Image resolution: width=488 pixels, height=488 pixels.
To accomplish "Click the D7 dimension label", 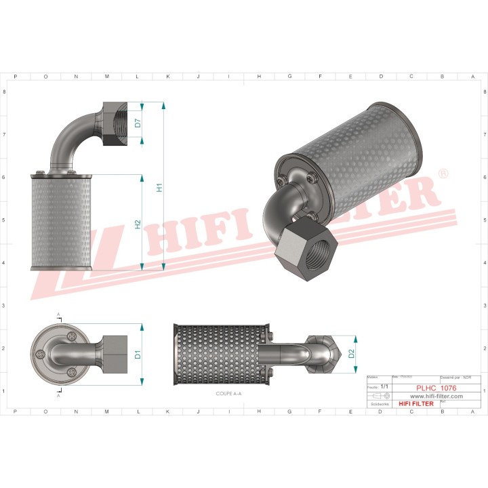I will click(x=138, y=123).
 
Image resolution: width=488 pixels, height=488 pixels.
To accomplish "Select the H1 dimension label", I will click(x=159, y=187).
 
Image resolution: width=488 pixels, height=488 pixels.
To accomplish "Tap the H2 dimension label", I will click(x=138, y=224).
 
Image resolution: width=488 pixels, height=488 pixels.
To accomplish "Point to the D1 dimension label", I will click(x=138, y=353).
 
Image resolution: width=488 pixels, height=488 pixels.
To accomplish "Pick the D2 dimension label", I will click(x=351, y=353).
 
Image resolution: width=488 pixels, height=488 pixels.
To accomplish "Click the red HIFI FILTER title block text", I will click(x=414, y=403).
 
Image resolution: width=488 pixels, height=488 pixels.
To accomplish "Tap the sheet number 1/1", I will click(x=384, y=386).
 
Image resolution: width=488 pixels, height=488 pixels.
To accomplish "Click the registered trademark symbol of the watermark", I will click(x=443, y=174).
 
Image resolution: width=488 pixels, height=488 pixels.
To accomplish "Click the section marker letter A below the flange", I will click(x=58, y=394).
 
